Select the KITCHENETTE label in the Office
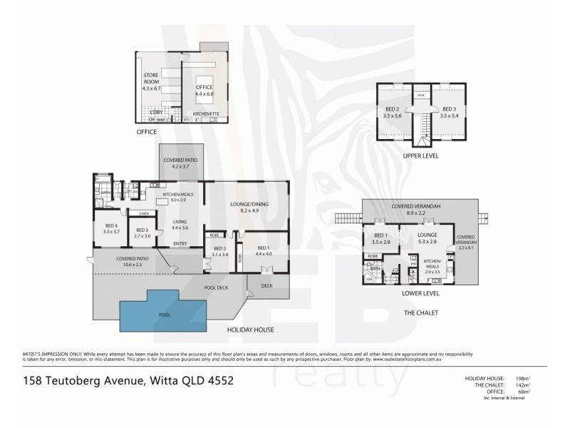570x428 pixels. [207, 114]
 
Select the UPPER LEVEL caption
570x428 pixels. [421, 156]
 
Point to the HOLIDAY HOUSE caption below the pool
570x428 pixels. [250, 330]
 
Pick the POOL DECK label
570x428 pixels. [217, 287]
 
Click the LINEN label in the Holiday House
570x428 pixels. [144, 213]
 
